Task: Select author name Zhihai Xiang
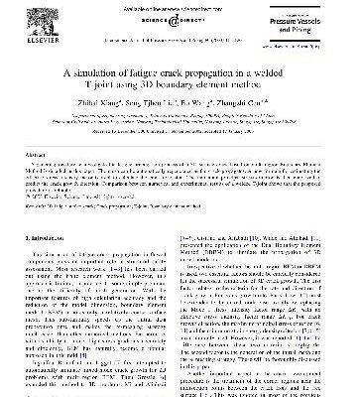103,102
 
